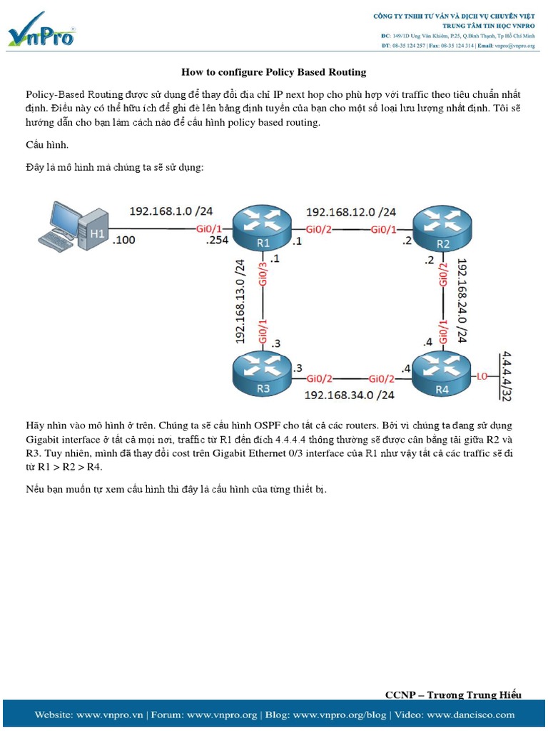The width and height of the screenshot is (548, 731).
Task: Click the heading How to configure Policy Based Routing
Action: pos(273,72)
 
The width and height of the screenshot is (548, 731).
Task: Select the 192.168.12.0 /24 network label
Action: pos(351,212)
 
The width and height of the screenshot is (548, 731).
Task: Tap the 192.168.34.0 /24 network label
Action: pos(350,395)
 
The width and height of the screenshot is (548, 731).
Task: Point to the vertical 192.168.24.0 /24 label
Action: pos(462,301)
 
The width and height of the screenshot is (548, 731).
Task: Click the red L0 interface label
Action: pos(483,376)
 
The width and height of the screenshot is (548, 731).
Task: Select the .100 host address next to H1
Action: pos(124,241)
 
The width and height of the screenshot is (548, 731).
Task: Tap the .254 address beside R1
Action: pos(218,241)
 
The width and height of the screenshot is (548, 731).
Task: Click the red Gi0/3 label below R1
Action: pos(263,275)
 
